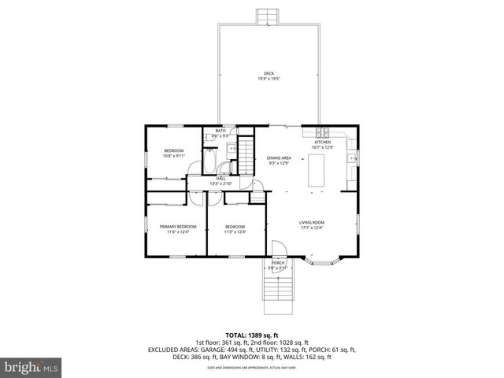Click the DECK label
269,74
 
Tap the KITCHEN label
322,143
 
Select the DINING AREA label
279,157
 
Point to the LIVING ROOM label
312,223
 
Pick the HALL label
221,179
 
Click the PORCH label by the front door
278,262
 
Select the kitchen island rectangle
317,171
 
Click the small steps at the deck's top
269,17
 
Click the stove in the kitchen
322,130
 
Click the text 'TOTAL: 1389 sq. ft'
251,335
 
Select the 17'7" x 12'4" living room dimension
312,228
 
